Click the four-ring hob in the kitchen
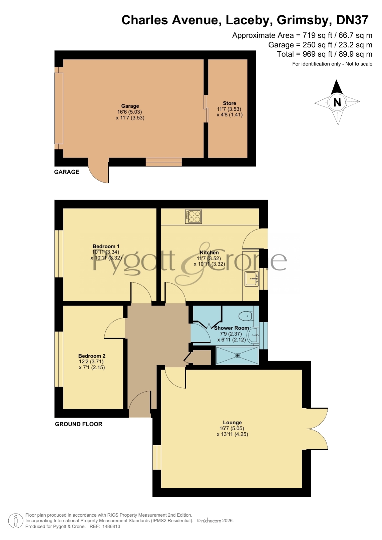pyautogui.click(x=193, y=216)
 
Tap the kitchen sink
pyautogui.click(x=252, y=279)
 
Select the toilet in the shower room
pyautogui.click(x=246, y=316)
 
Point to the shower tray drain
pyautogui.click(x=237, y=355)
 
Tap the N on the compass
pyautogui.click(x=337, y=102)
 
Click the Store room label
pyautogui.click(x=229, y=103)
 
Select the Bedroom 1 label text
pyautogui.click(x=106, y=246)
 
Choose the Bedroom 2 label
pyautogui.click(x=92, y=356)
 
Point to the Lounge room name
pyautogui.click(x=232, y=423)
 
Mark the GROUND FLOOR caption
pyautogui.click(x=78, y=424)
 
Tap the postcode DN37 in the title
pyautogui.click(x=352, y=20)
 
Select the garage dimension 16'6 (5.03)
pyautogui.click(x=130, y=112)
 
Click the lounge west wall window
pyautogui.click(x=157, y=457)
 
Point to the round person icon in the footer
pyautogui.click(x=15, y=521)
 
